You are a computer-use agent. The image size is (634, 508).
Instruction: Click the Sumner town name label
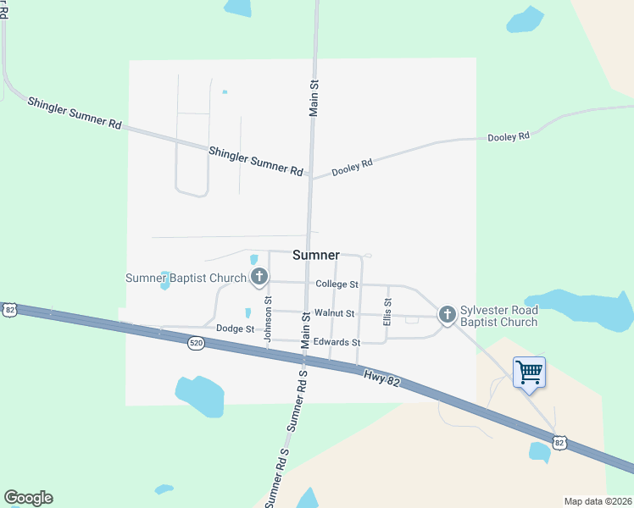[x=315, y=255]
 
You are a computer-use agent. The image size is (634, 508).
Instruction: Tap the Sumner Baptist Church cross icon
[x=259, y=276]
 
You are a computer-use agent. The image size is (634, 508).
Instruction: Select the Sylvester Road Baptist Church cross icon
[x=447, y=315]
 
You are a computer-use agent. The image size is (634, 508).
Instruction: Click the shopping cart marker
[x=529, y=372]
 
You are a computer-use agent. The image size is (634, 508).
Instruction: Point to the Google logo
[x=28, y=498]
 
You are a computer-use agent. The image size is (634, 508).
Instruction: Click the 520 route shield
[x=197, y=343]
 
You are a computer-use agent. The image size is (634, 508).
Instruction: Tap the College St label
[x=336, y=284]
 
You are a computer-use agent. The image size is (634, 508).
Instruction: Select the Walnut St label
[x=333, y=313]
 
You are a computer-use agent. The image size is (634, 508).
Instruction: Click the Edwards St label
[x=336, y=342]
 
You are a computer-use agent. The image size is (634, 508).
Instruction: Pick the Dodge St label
[x=235, y=329]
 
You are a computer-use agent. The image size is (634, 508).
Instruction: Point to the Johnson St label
[x=268, y=318]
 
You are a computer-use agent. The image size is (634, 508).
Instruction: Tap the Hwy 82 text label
[x=381, y=378]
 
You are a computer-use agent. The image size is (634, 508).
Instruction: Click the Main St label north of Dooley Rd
[x=314, y=97]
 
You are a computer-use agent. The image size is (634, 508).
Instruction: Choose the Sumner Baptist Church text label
[x=186, y=278]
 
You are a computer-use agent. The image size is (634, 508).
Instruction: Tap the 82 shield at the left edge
[x=8, y=310]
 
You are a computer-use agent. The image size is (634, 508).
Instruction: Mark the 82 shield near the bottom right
[x=558, y=442]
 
